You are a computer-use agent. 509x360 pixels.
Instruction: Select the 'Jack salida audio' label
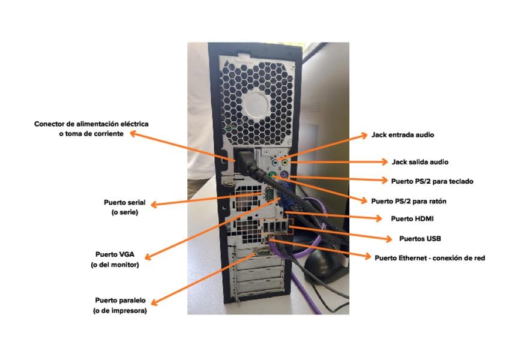point(420,162)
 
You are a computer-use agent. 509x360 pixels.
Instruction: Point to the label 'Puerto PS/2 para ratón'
point(409,201)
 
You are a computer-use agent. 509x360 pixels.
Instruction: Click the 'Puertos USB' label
point(420,238)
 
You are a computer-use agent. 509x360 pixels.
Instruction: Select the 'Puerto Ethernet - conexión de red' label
point(430,258)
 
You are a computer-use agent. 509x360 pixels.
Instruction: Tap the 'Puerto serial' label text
point(124,202)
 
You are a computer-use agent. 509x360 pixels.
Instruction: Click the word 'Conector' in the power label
point(51,124)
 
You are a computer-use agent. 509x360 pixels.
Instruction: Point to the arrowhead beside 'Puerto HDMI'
point(378,218)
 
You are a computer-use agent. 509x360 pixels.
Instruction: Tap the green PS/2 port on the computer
point(272,176)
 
